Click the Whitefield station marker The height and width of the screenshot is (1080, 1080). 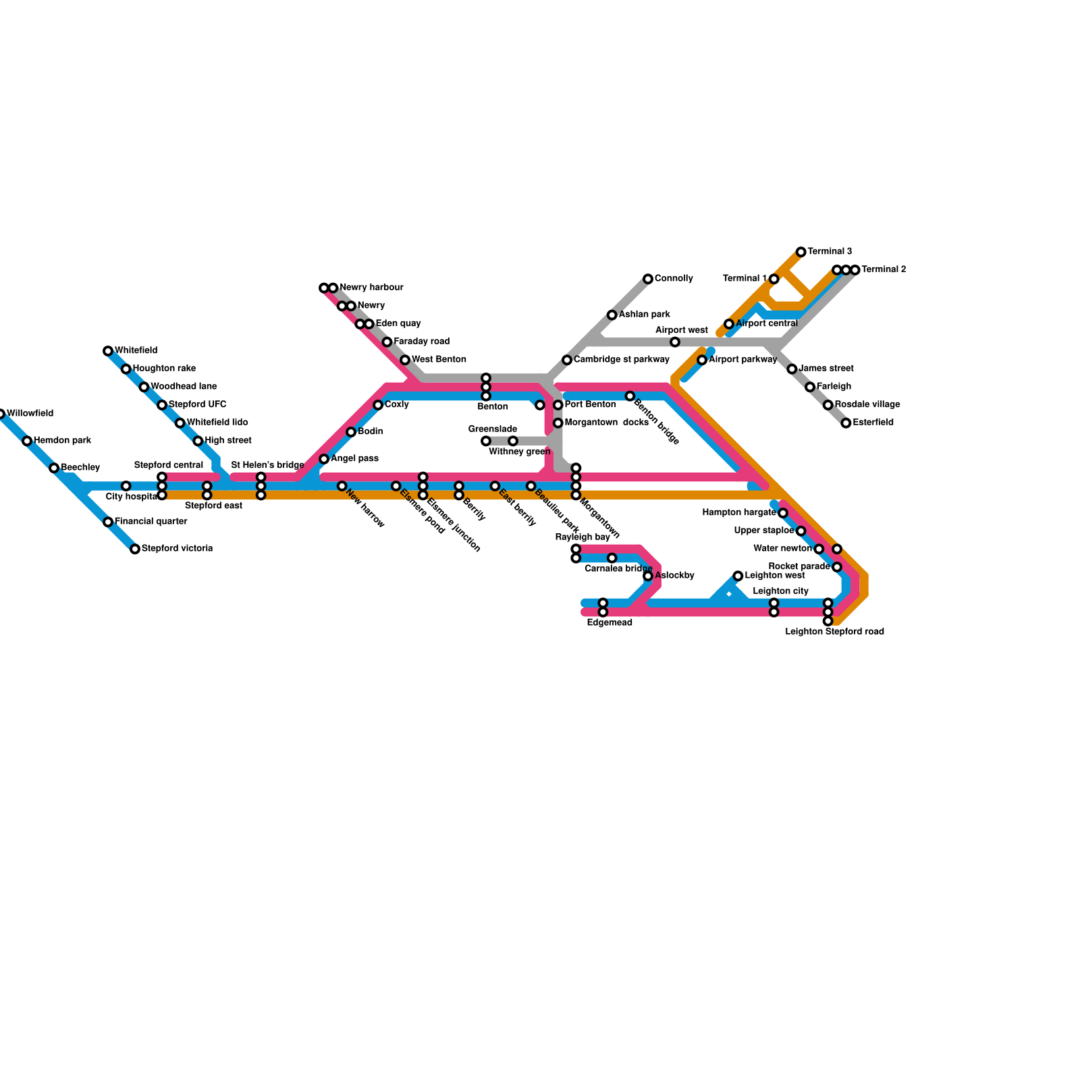tap(108, 351)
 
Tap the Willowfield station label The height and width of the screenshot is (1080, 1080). tap(30, 414)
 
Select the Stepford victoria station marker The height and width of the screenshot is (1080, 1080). tap(135, 549)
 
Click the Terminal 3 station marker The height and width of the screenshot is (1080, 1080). tap(801, 252)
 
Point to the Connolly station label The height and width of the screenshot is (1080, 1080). tap(674, 279)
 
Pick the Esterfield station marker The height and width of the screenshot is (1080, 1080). tap(846, 423)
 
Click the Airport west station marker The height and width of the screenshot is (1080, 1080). tap(675, 342)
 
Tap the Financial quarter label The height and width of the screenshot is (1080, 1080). tap(151, 522)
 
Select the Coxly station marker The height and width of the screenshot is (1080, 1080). tap(378, 405)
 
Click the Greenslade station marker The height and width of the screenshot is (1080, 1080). tap(486, 441)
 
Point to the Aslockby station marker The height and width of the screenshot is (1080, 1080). tap(648, 576)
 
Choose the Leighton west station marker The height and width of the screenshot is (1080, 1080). tap(738, 576)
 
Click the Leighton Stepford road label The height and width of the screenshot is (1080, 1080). tap(834, 632)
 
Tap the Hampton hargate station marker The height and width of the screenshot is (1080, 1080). tap(783, 513)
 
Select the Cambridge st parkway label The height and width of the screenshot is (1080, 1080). tap(621, 360)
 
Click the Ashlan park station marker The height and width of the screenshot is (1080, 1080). tap(612, 315)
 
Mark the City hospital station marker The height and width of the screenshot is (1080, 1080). tap(126, 486)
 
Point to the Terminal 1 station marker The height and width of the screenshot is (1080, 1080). tap(774, 279)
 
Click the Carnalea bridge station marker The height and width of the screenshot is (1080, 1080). tap(612, 558)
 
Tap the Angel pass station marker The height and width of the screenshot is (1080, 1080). tap(324, 459)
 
